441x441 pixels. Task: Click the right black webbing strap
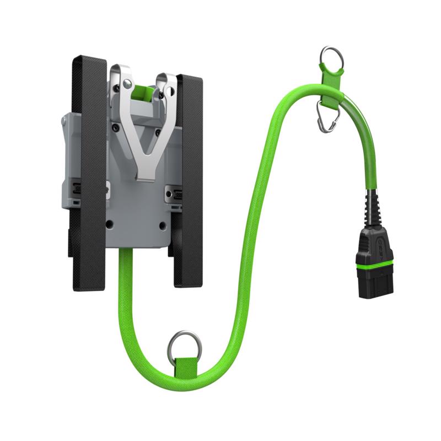click(188, 182)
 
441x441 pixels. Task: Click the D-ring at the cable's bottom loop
click(185, 344)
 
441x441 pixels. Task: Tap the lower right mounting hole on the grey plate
click(163, 224)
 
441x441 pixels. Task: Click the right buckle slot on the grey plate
click(176, 194)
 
